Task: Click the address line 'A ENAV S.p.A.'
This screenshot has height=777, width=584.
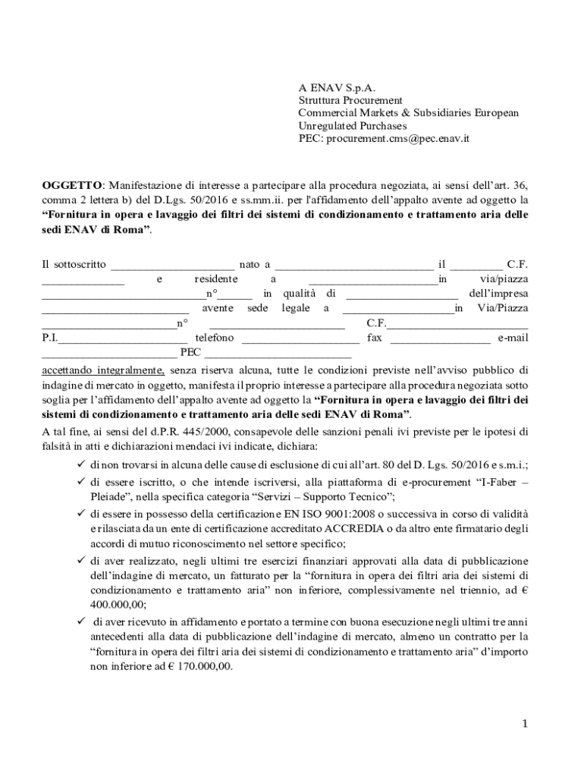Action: tap(337, 87)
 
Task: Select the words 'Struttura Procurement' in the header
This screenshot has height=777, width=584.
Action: tap(350, 100)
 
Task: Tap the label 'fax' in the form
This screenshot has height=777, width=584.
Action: tap(375, 338)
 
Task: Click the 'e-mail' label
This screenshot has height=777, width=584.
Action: tap(513, 338)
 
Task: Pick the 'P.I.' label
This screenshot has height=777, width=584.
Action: tap(49, 338)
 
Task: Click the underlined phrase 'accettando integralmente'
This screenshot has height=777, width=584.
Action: tap(103, 370)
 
